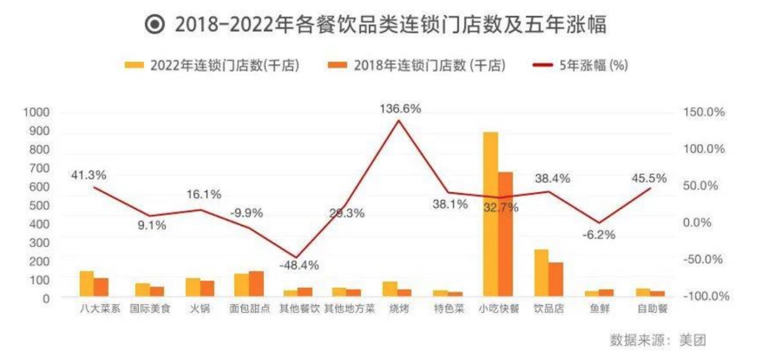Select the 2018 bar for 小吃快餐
(x=506, y=234)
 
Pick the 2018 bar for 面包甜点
(x=256, y=284)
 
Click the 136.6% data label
(x=400, y=109)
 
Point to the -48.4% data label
(x=299, y=265)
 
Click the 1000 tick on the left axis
(x=37, y=112)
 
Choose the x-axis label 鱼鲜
(x=600, y=310)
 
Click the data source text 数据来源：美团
(x=658, y=340)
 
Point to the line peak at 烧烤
(x=398, y=121)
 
